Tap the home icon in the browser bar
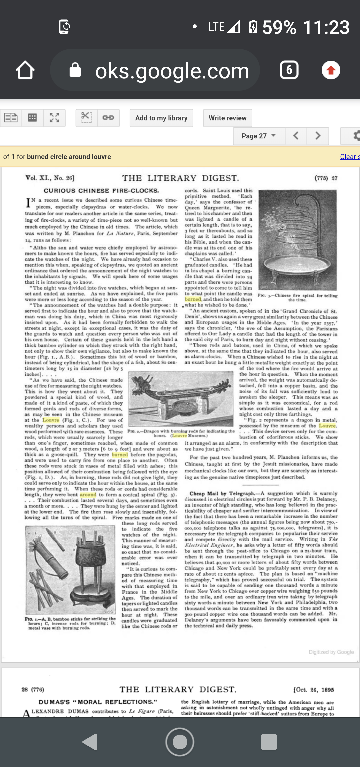[25, 70]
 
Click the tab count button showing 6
[289, 70]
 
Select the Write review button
[228, 118]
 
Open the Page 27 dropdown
[259, 136]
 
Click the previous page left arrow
[296, 136]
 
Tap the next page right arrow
[318, 136]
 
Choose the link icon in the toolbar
[108, 118]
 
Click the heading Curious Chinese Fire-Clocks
[101, 191]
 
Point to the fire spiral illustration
[298, 240]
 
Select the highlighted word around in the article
[88, 495]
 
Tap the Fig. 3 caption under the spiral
[297, 297]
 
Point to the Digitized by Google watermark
[331, 652]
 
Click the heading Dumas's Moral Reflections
[98, 702]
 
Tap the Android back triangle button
[90, 742]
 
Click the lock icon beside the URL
[75, 70]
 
